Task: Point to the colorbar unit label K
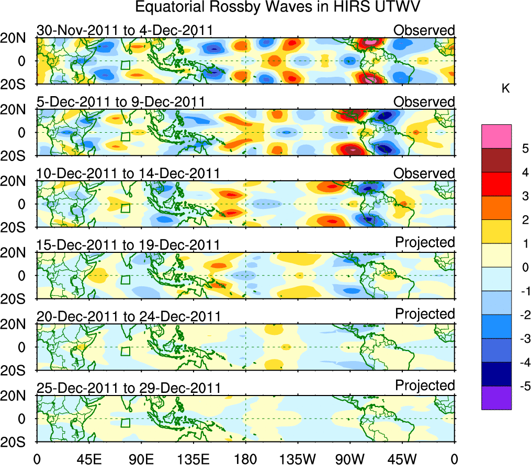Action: (x=506, y=89)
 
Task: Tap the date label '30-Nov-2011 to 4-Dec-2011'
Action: (x=125, y=30)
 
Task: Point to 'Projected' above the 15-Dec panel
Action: (x=425, y=242)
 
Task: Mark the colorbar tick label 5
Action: (x=523, y=149)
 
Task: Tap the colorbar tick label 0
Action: (x=523, y=268)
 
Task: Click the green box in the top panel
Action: (x=125, y=65)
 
